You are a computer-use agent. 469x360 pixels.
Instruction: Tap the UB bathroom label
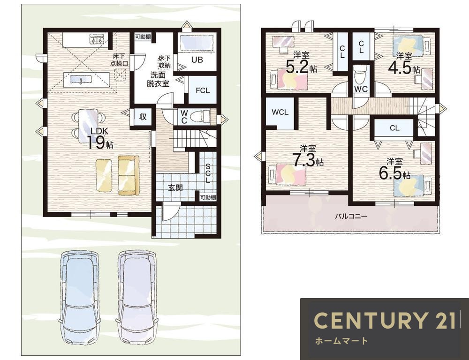pos(197,60)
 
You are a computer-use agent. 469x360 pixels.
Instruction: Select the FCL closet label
pos(203,90)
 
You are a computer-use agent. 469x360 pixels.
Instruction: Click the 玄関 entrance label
pos(175,188)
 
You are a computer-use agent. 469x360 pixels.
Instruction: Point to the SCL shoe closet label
pos(208,173)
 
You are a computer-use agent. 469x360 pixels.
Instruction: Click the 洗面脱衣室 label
pos(158,79)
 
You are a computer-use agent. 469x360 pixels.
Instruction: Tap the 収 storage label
pos(143,117)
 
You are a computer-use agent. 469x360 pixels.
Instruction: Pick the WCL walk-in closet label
pos(280,112)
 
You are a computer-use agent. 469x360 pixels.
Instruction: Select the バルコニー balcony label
pos(351,216)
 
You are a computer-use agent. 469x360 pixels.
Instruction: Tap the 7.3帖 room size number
pos(308,160)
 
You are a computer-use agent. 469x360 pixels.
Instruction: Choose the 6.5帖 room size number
pos(394,173)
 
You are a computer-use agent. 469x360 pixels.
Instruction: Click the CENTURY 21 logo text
pos(385,320)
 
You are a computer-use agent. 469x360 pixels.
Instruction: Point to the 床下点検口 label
pos(120,60)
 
